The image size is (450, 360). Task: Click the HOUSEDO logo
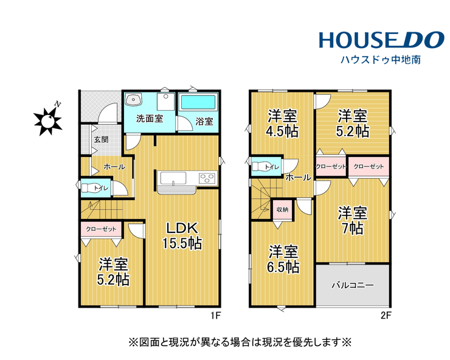pos(382,40)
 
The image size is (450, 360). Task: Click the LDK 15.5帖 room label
pos(182,236)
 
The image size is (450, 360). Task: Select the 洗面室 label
pos(150,119)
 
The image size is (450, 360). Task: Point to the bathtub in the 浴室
pos(198,102)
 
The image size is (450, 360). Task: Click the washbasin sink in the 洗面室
pos(133,100)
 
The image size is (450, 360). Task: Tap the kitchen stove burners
pos(207,178)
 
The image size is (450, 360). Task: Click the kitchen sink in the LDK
pos(173,178)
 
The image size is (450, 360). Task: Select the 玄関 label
pos(102,140)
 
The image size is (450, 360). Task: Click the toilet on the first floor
pos(91,188)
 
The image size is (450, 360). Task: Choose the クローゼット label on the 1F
pos(101,229)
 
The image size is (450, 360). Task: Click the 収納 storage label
pos(282,210)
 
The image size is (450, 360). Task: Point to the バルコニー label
pos(353,285)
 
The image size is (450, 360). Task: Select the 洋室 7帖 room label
pos(353,221)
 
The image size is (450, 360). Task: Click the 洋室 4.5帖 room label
pos(282,123)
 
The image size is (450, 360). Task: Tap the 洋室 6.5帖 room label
pos(283,259)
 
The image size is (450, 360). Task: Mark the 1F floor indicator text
pos(215,316)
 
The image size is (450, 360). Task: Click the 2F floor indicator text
pos(386,316)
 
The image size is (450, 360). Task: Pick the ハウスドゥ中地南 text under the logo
pos(381,60)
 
